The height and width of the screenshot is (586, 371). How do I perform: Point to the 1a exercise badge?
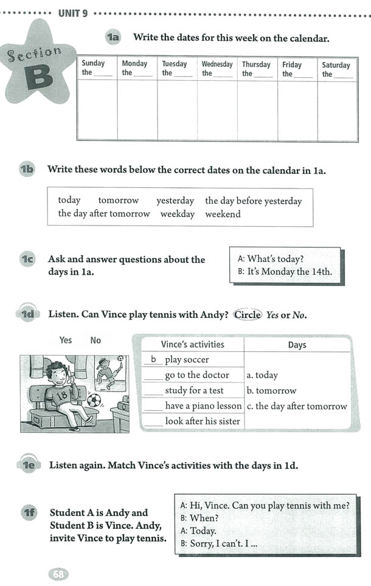(113, 38)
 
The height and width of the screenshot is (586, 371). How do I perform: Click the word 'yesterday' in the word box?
(175, 201)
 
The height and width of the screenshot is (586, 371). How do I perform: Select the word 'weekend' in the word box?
(223, 214)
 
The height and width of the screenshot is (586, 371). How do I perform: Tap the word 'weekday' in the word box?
(178, 214)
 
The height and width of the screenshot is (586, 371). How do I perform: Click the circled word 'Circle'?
(248, 315)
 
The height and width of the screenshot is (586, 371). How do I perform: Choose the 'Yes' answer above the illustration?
(66, 340)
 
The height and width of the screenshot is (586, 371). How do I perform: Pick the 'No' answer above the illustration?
(95, 340)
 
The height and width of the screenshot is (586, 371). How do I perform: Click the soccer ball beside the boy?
(94, 401)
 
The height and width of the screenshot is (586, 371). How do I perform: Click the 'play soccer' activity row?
(187, 360)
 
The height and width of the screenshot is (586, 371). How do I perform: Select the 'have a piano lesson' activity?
(203, 406)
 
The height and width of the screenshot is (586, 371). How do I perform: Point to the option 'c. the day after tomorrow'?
(297, 406)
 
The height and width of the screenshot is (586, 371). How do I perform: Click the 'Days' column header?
(297, 345)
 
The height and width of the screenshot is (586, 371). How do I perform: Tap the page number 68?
(59, 574)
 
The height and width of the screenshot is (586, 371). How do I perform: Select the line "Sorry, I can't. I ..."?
(220, 544)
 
